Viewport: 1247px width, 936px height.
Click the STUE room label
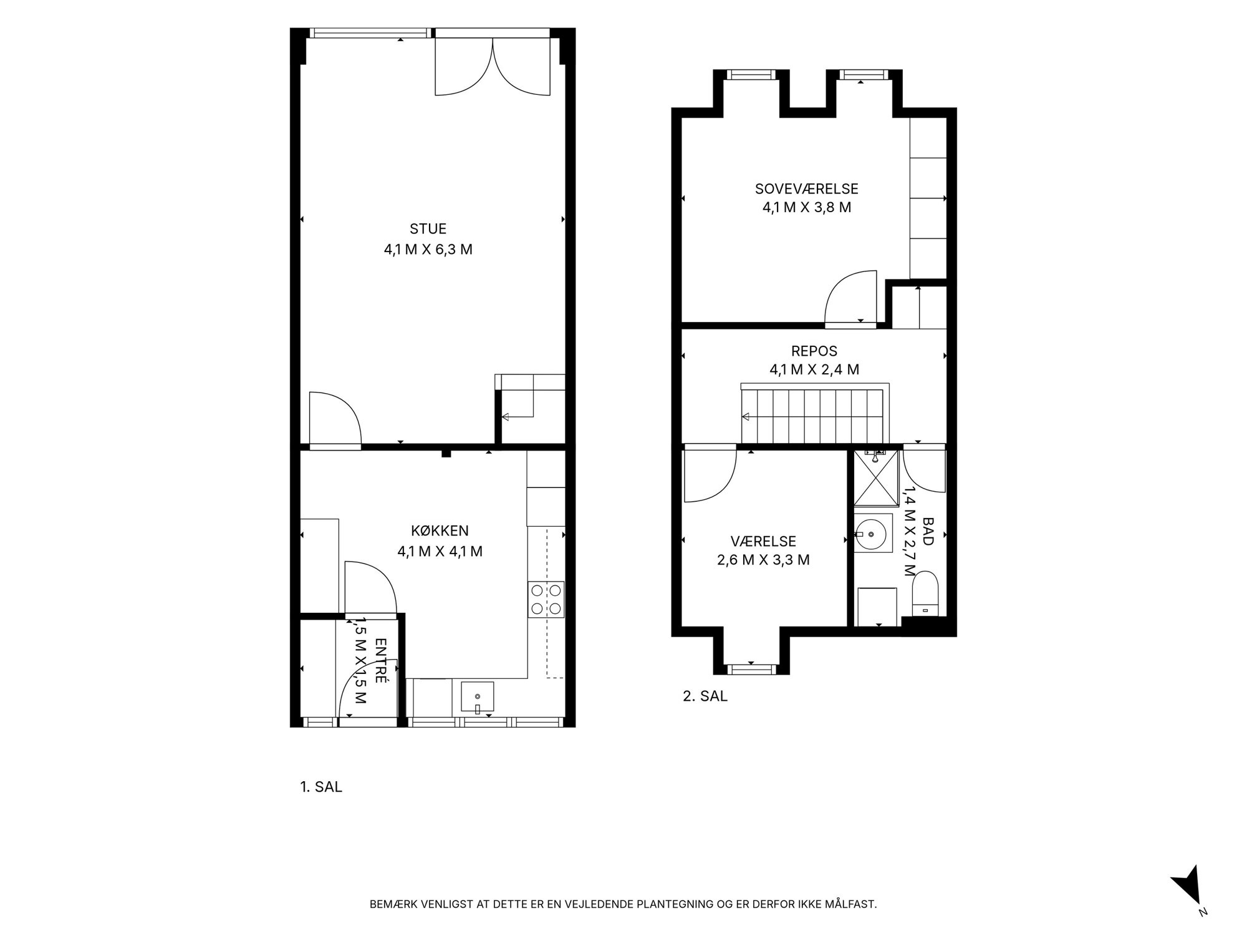click(428, 229)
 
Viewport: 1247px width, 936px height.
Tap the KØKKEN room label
click(440, 531)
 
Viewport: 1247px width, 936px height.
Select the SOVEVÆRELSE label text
click(807, 188)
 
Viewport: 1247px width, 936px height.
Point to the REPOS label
click(814, 351)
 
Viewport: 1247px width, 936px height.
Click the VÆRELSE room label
click(763, 541)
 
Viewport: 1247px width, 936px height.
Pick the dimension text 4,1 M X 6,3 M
click(428, 250)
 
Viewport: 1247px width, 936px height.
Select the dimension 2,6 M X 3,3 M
click(763, 560)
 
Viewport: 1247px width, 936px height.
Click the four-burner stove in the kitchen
click(546, 600)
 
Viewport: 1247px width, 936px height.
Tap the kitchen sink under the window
click(478, 697)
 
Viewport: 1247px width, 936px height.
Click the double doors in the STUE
click(493, 66)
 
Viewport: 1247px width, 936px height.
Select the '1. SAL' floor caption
click(321, 787)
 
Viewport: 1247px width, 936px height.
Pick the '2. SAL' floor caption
click(705, 696)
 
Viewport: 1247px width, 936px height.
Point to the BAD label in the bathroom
click(928, 530)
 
